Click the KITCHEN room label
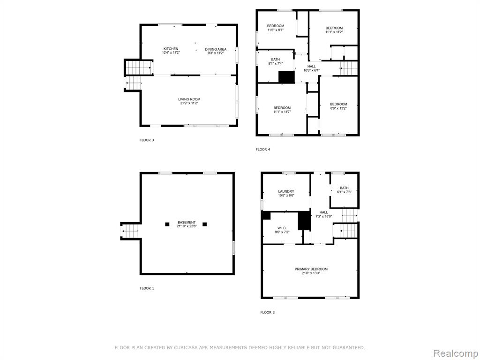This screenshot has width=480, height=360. point(171,49)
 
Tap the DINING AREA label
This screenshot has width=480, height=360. point(216,49)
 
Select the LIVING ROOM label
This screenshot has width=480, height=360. point(189,99)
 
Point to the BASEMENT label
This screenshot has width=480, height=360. point(187,222)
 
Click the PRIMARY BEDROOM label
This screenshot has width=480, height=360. point(311,269)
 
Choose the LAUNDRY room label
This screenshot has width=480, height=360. point(286,192)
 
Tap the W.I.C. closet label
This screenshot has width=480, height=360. point(282,228)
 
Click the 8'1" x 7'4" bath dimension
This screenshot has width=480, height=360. point(276,64)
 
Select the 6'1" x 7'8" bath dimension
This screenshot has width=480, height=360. point(344,192)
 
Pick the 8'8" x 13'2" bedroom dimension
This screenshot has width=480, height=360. point(338,108)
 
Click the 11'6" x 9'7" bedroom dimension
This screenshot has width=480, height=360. point(276,30)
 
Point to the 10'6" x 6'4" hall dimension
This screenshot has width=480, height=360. point(312,70)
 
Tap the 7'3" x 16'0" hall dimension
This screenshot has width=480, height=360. point(323,216)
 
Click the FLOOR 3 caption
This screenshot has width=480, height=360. point(147,140)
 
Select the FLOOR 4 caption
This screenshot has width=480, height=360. point(263,150)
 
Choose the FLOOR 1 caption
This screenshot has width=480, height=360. point(147,288)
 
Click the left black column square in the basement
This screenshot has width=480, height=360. point(167,225)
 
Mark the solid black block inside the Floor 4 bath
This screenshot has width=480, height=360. point(286,77)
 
